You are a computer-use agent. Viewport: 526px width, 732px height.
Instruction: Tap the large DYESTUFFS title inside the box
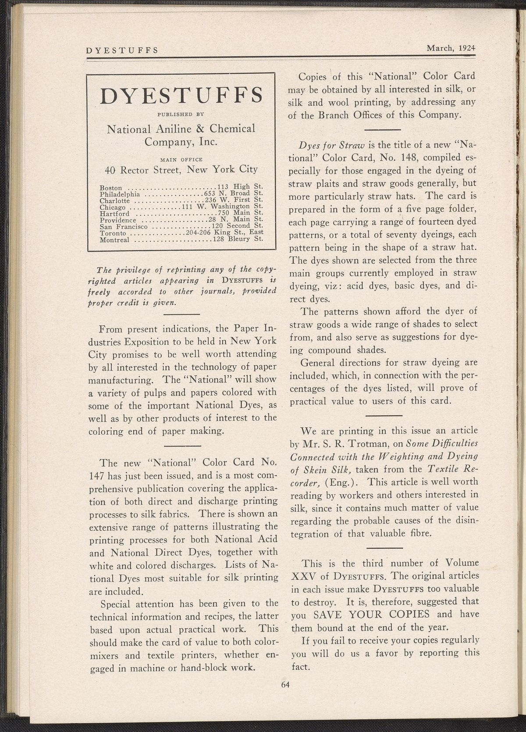pyautogui.click(x=181, y=96)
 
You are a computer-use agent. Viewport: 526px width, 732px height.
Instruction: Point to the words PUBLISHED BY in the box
pyautogui.click(x=181, y=114)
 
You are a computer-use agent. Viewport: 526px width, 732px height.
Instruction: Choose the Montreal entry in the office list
pyautogui.click(x=114, y=239)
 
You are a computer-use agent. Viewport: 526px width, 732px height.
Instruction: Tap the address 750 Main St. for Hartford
pyautogui.click(x=237, y=213)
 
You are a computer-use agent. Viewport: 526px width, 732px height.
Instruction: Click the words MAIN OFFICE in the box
pyautogui.click(x=181, y=159)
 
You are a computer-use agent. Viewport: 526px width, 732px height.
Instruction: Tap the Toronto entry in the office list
pyautogui.click(x=113, y=233)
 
